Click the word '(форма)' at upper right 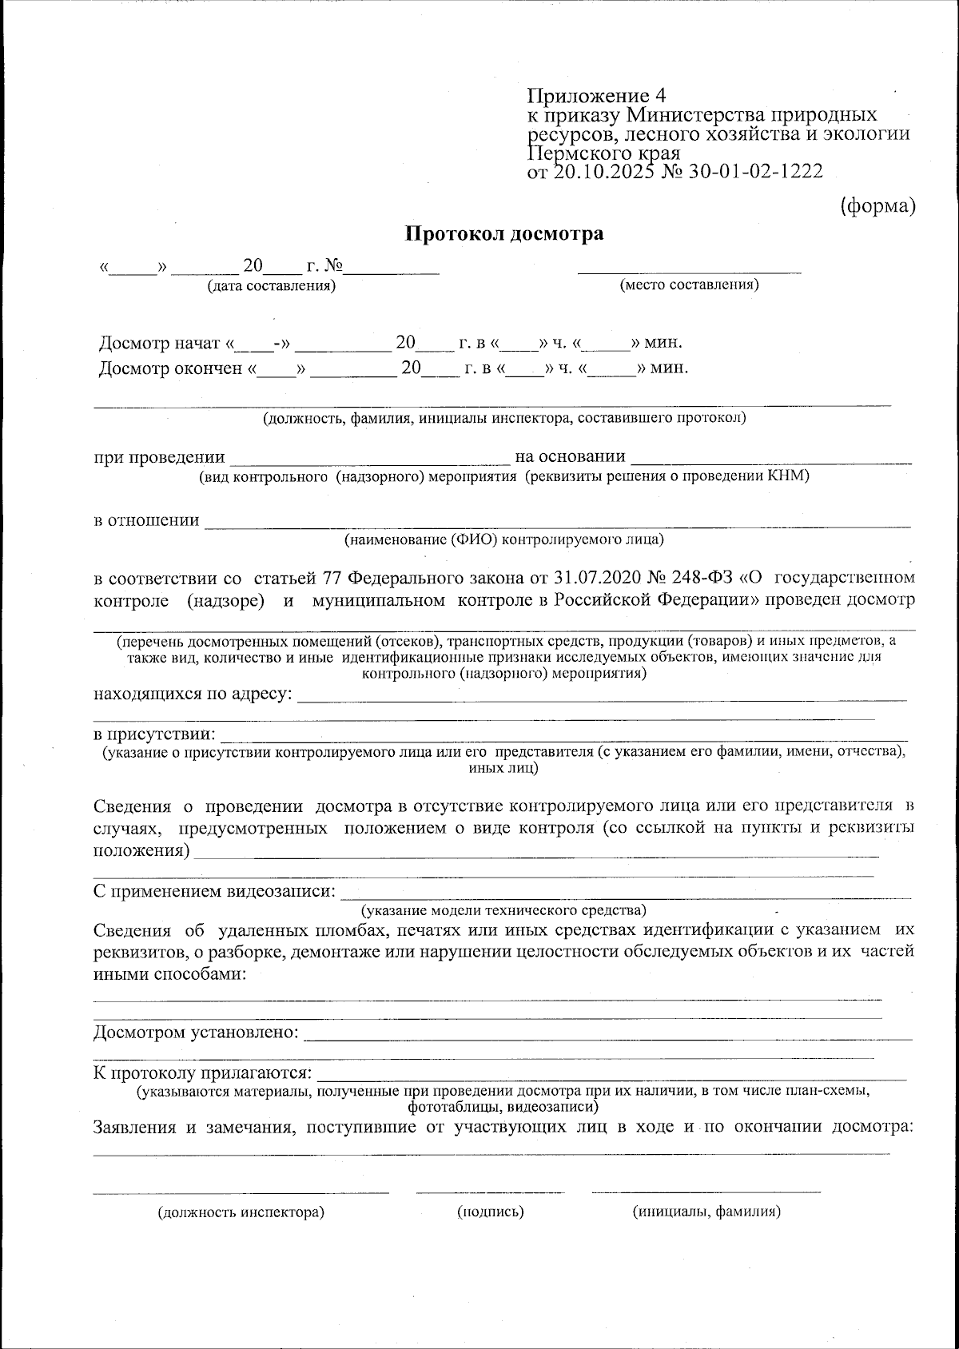click(877, 205)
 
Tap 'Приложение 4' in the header click(595, 96)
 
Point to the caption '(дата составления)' click(271, 285)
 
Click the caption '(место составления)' click(690, 285)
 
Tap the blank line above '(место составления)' click(689, 272)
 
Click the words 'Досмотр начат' click(159, 344)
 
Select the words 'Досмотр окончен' click(170, 368)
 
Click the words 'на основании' click(570, 456)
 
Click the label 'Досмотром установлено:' click(197, 1033)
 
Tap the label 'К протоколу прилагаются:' click(203, 1072)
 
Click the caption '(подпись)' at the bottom click(490, 1212)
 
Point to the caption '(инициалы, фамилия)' click(706, 1212)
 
